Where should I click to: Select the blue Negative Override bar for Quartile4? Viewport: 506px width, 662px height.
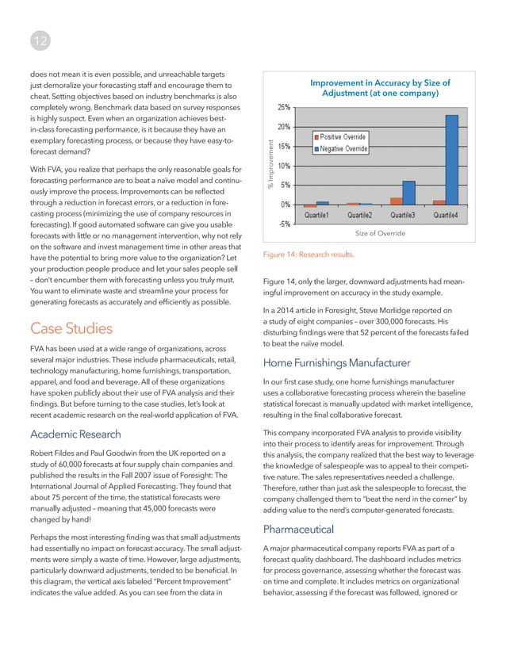(x=451, y=159)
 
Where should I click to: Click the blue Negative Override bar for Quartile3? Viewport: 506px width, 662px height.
(x=408, y=193)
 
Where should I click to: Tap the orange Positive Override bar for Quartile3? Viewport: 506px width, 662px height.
(x=396, y=201)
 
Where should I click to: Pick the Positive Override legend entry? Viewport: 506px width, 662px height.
(x=342, y=137)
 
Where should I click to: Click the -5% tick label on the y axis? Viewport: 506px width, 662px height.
(x=282, y=223)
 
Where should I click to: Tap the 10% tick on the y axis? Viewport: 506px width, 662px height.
(x=282, y=165)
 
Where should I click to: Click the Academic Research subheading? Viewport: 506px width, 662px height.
(x=75, y=434)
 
